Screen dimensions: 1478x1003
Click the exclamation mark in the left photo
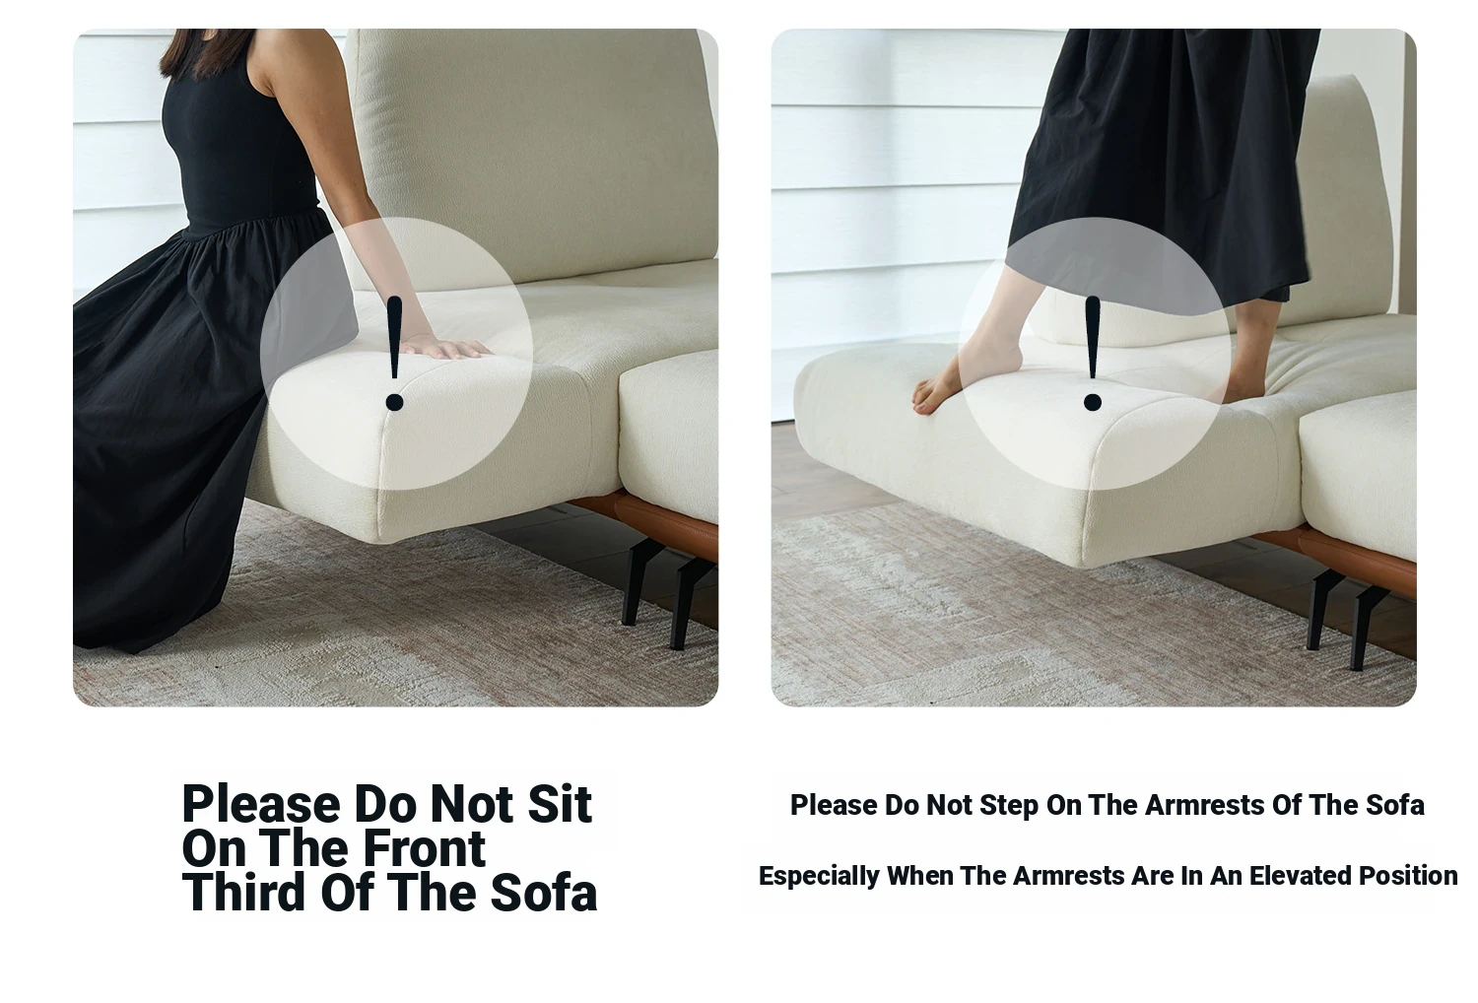click(x=394, y=353)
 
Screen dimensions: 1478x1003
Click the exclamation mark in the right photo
click(x=1093, y=353)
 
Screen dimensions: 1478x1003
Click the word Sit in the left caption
click(x=560, y=804)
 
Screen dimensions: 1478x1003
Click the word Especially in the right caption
click(x=819, y=877)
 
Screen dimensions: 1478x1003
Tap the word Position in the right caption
click(x=1408, y=876)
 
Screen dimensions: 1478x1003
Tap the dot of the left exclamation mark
click(x=394, y=402)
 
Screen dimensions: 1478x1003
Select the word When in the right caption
click(x=919, y=876)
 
